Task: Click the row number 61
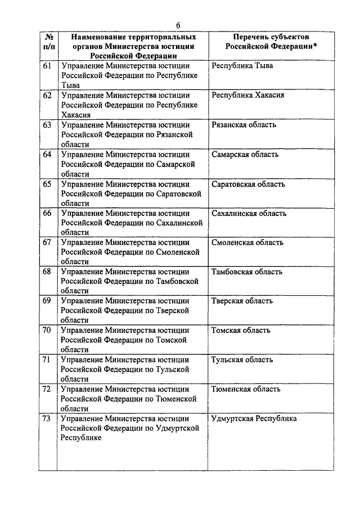[47, 66]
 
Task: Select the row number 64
[47, 154]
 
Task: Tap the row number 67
[47, 243]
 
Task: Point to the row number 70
[47, 330]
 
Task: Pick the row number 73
[47, 418]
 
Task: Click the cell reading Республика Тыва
[242, 66]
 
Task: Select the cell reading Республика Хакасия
[248, 95]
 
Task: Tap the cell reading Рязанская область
[244, 125]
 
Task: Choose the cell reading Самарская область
[245, 154]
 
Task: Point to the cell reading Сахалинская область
[249, 213]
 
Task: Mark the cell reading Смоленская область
[247, 243]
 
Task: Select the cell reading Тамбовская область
[247, 272]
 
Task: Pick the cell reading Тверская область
[242, 301]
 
